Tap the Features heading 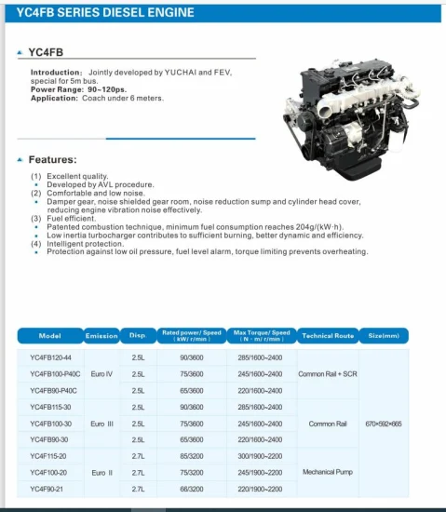click(52, 159)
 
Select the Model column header click(50, 335)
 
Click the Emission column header click(101, 335)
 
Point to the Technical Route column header click(328, 335)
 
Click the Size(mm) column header click(384, 335)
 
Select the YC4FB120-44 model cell click(50, 357)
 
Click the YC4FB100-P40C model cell click(54, 373)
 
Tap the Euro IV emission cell click(101, 373)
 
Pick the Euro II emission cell click(101, 472)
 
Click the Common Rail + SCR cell click(328, 373)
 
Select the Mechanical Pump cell click(328, 472)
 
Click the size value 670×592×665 click(384, 424)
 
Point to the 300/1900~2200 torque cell click(260, 456)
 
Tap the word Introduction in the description click(56, 72)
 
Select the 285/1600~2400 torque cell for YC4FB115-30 click(260, 407)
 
